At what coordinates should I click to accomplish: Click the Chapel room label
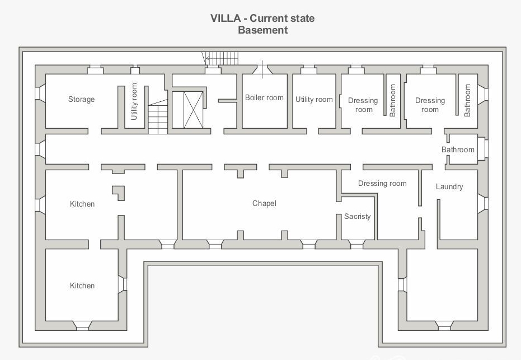pos(264,203)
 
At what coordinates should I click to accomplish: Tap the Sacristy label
pos(357,216)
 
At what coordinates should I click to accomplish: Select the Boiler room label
pos(264,97)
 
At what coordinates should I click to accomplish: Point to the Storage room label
pos(81,99)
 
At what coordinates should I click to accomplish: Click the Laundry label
pos(449,186)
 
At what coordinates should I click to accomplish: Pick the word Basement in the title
pos(262,30)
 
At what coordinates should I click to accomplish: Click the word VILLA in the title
pos(226,18)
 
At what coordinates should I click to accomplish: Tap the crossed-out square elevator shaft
pos(187,110)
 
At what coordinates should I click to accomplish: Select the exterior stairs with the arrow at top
pos(220,58)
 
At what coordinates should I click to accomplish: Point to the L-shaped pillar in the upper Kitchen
pos(118,193)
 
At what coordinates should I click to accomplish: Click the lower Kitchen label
pos(82,286)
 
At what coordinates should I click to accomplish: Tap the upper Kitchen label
pos(82,204)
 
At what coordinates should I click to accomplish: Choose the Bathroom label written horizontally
pos(458,149)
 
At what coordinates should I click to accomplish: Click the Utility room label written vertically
pos(134,101)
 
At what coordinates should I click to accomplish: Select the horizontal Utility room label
pos(314,99)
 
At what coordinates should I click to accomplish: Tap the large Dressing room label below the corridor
pos(382,183)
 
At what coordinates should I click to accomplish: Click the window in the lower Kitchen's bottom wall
pos(82,324)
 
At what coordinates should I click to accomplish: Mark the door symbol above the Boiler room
pos(262,69)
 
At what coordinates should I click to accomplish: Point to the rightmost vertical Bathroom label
pos(468,100)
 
